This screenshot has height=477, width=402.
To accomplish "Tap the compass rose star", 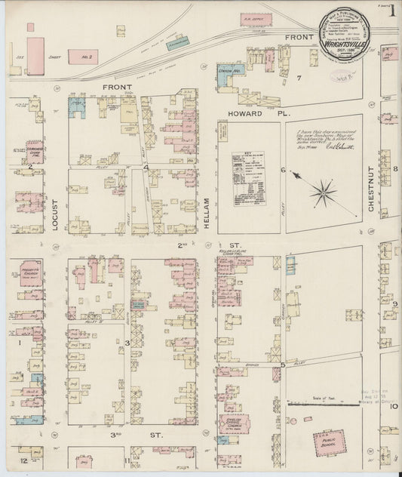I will (x=323, y=191).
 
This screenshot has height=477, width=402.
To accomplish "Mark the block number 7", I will (x=299, y=78).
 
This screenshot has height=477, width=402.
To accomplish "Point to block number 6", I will (x=283, y=170).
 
